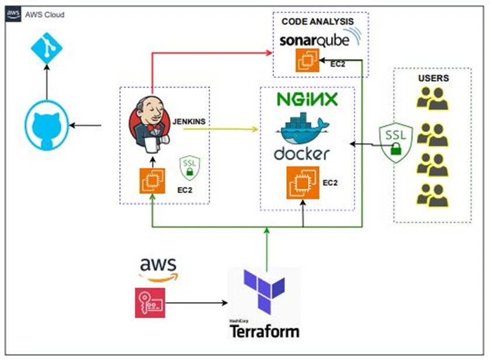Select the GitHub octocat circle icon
pos(46,126)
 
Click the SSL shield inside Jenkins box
pos(189,167)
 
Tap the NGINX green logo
pos(307,99)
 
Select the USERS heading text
pos(433,78)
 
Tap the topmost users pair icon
pos(432,99)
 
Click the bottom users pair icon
pos(432,195)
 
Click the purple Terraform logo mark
pos(264,296)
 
